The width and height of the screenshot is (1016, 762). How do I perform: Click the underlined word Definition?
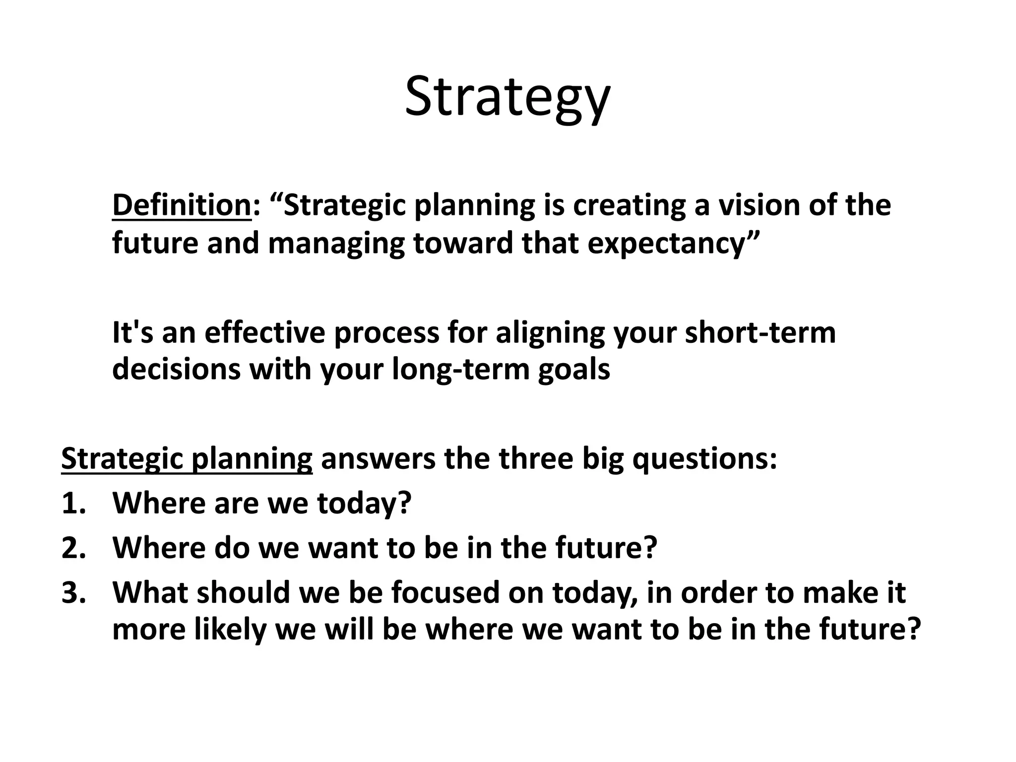(182, 205)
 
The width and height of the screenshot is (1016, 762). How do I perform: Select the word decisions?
(176, 370)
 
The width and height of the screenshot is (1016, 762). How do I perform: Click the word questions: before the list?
(704, 459)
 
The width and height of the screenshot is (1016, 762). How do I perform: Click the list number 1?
(73, 503)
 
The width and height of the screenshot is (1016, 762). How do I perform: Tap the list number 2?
(73, 548)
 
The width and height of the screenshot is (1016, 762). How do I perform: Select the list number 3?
(73, 592)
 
